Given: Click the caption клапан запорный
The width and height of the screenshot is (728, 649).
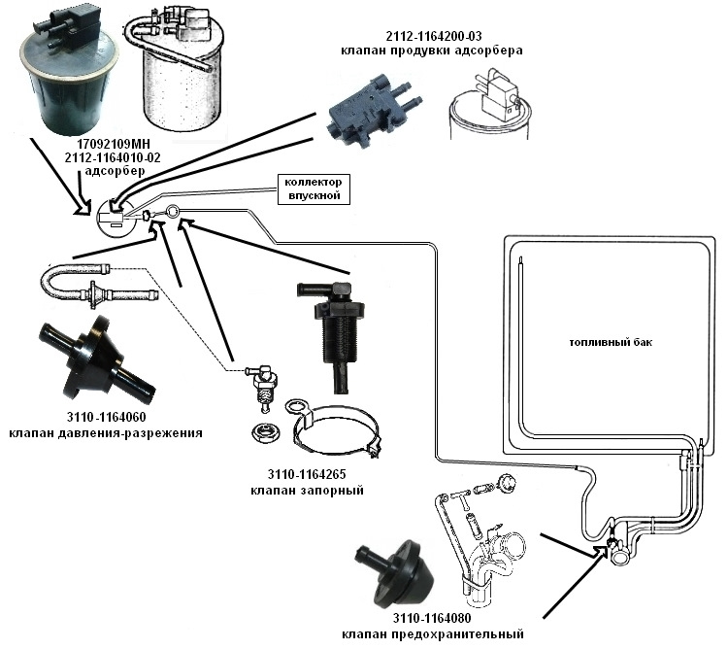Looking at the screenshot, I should coord(306,492).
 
